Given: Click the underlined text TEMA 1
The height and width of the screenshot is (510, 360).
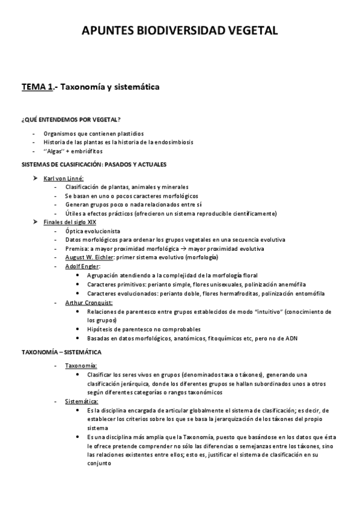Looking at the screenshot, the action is (37, 87).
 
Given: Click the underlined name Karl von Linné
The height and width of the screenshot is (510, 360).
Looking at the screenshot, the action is (64, 178).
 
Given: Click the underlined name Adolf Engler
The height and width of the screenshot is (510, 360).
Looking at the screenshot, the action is (82, 266).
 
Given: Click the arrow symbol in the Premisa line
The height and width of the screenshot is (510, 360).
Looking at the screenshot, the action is (185, 249).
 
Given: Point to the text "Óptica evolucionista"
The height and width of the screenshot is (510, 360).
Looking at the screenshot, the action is (93, 231).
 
